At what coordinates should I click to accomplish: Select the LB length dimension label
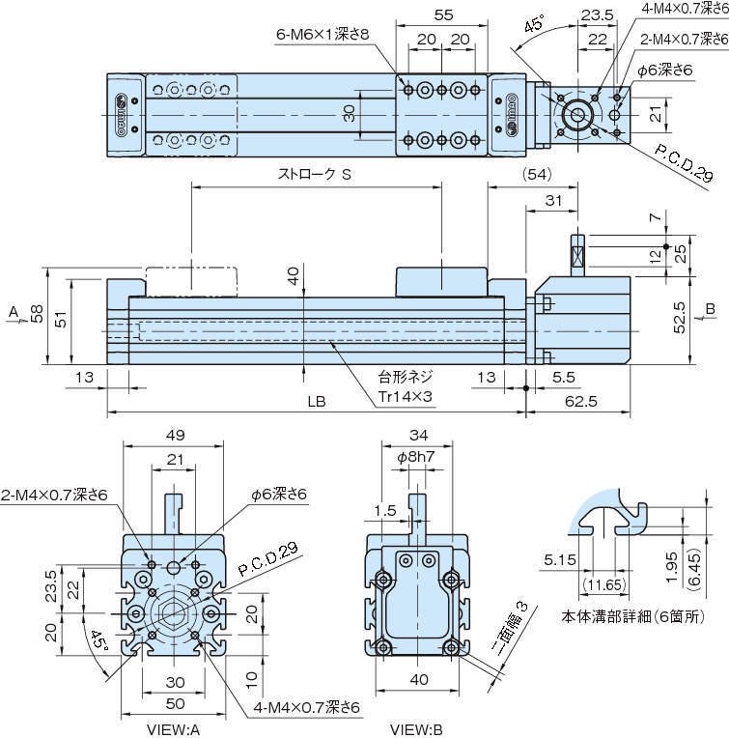(316, 401)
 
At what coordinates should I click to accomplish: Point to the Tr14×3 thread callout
(403, 395)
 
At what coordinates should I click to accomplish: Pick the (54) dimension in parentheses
(536, 175)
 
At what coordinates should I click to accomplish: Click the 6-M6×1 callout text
(323, 35)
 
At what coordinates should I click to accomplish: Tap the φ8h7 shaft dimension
(416, 457)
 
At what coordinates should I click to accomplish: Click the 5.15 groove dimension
(560, 558)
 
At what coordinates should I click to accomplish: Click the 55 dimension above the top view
(442, 15)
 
